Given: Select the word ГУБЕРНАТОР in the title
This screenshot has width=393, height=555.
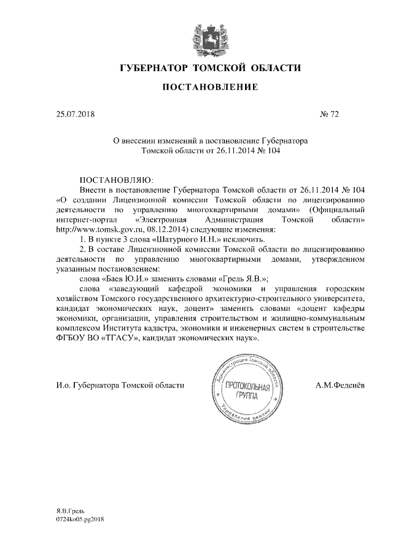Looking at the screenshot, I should pyautogui.click(x=153, y=67).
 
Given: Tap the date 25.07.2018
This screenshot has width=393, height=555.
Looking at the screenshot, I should pyautogui.click(x=73, y=113).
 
